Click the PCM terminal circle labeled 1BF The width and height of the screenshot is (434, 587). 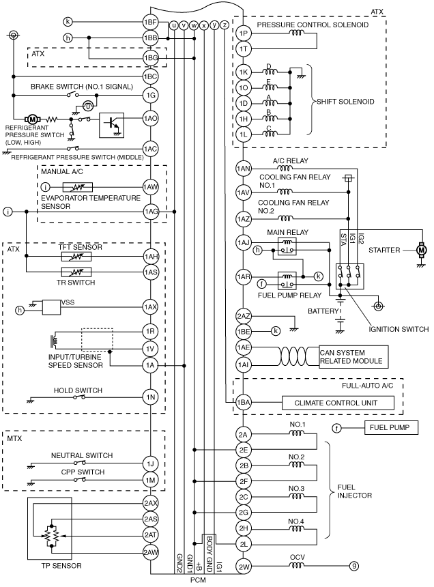150,23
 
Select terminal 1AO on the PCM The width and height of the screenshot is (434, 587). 150,118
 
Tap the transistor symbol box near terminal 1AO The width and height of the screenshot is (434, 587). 111,125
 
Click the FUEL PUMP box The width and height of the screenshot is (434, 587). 391,427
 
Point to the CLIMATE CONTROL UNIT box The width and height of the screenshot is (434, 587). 338,403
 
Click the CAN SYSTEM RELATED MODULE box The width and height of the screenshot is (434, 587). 353,357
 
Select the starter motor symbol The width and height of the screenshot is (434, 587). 422,249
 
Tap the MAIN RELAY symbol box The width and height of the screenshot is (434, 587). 287,246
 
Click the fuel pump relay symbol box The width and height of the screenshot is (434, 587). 287,281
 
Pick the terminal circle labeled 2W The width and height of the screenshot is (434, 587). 244,567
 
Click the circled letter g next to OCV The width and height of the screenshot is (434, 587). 353,567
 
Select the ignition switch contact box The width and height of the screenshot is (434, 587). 350,276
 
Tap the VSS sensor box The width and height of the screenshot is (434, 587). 52,307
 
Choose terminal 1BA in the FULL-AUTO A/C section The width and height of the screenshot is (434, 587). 244,403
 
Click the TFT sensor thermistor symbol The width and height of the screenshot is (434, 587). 76,257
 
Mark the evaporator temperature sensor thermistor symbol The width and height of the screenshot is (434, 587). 77,187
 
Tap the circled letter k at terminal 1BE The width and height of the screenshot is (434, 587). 276,331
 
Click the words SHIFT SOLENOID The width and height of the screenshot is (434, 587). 345,102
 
